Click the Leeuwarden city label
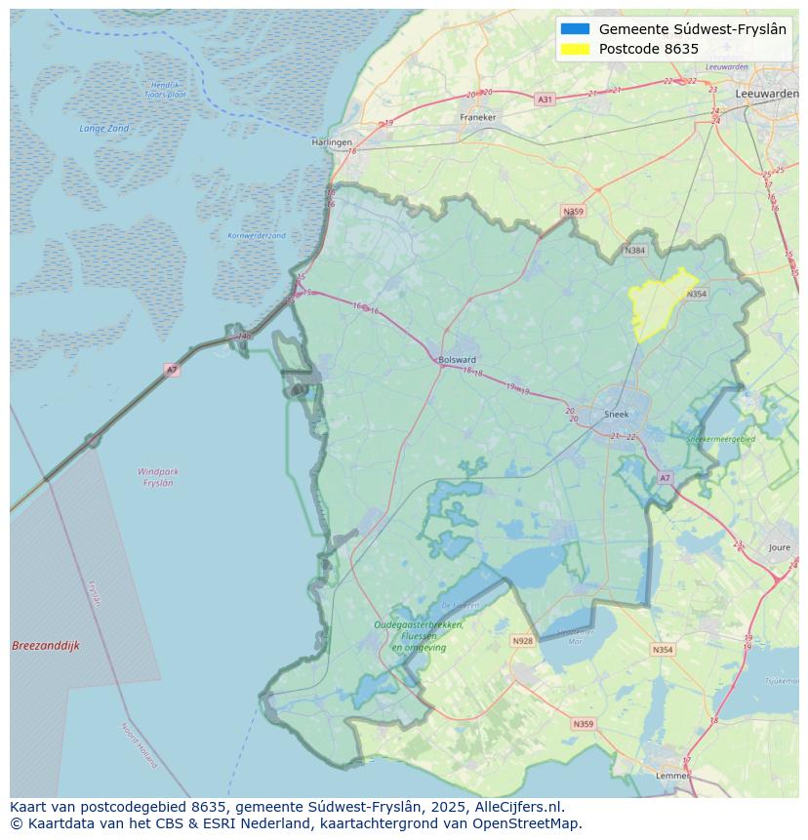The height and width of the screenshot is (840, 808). (x=766, y=93)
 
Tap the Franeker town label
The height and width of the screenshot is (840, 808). (x=478, y=117)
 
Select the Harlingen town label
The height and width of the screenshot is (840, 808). (x=332, y=142)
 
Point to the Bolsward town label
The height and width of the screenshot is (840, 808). (x=457, y=359)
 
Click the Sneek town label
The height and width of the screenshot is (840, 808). (x=617, y=414)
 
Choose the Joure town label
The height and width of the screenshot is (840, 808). (x=780, y=548)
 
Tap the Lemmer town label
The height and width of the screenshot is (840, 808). (x=672, y=776)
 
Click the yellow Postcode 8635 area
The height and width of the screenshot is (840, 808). (x=656, y=304)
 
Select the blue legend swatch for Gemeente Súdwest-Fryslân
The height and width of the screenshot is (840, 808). (x=576, y=29)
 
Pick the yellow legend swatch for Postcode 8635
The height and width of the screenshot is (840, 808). (x=576, y=49)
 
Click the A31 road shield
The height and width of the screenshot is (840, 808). (x=545, y=100)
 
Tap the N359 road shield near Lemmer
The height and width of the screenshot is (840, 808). (x=583, y=724)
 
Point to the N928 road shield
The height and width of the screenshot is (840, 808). (x=522, y=641)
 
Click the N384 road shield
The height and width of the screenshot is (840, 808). (x=635, y=251)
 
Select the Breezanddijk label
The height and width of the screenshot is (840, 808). (x=46, y=646)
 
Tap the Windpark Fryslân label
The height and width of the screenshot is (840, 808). (x=158, y=477)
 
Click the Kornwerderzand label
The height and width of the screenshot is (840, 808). (x=257, y=235)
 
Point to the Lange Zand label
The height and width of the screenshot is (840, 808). (x=104, y=128)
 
